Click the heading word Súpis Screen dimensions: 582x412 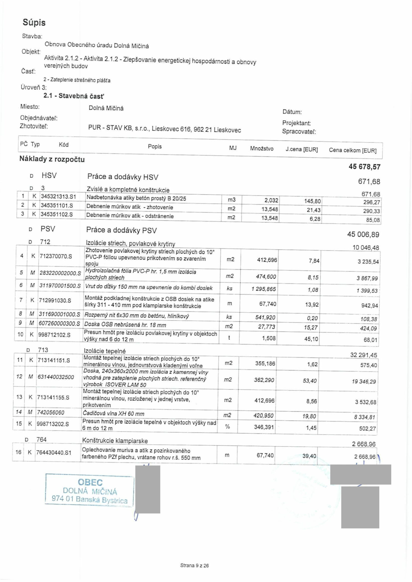coord(34,23)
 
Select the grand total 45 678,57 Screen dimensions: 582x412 coord(364,167)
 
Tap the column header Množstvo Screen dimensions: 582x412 coord(262,148)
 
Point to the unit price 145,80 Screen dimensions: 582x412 coord(313,201)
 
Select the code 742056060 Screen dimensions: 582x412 coord(51,412)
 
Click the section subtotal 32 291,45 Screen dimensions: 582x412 coord(364,355)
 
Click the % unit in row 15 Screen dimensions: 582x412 coord(227,427)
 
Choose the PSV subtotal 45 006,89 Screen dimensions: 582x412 coord(363,234)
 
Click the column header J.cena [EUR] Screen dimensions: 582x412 coord(302,149)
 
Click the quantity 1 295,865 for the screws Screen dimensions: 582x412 coord(264,289)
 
